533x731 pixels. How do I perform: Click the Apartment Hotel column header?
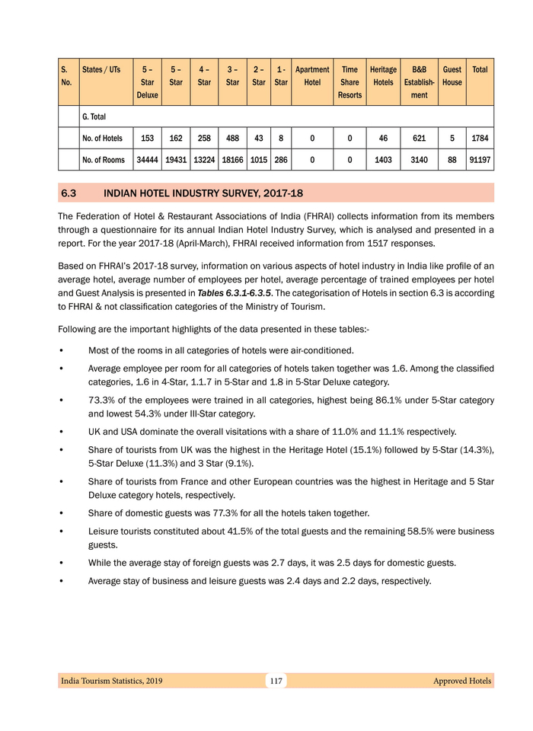coord(311,75)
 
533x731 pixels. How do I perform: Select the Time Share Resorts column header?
coord(349,81)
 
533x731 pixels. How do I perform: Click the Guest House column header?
coord(452,75)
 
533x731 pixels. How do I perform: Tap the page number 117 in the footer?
coord(276,681)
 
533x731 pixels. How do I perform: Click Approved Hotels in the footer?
coord(461,681)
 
